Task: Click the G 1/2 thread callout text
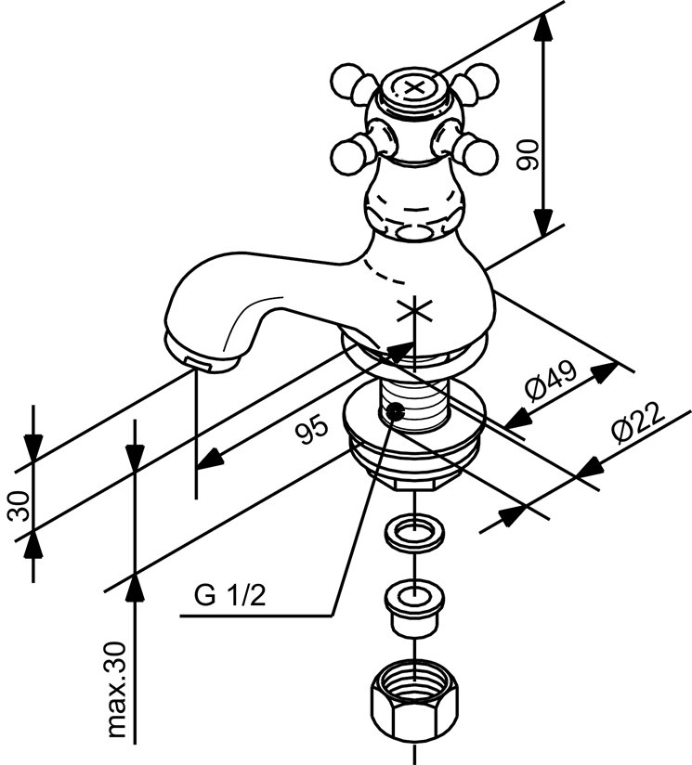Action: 229,595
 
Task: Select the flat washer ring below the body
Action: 413,534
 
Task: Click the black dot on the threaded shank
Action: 396,411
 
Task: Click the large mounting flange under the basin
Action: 413,436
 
